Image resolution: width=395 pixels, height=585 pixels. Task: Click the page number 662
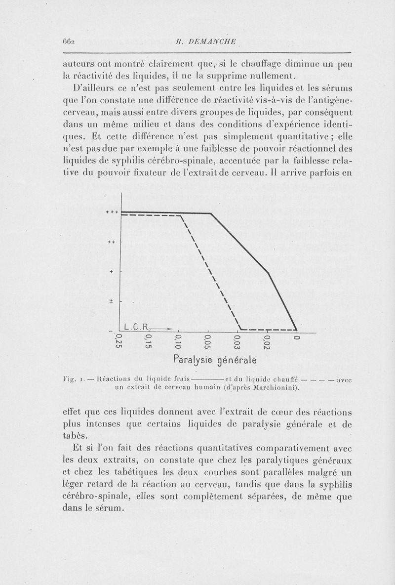(69, 42)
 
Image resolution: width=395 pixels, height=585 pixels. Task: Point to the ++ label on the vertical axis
(112, 242)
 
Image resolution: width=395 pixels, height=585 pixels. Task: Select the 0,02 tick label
(267, 342)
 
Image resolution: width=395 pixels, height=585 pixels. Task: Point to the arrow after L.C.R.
(162, 327)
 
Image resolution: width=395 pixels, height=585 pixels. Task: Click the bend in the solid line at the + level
(268, 272)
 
